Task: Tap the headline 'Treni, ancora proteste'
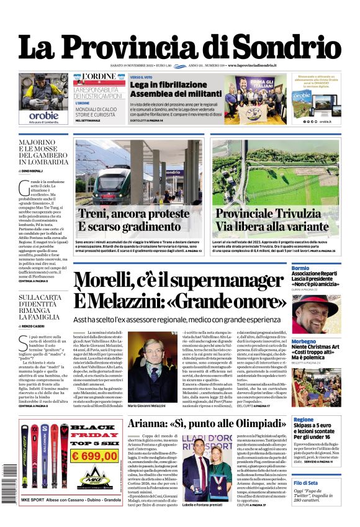pos(133,214)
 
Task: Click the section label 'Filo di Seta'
pos(305,482)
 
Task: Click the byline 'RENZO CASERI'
pos(37,325)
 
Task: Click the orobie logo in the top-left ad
pos(43,115)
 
